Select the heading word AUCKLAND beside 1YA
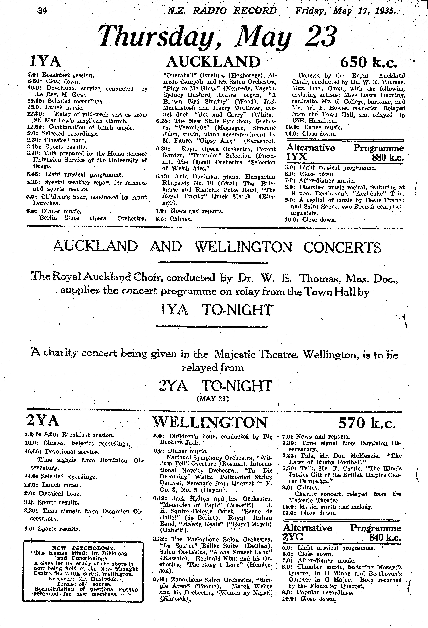(213, 62)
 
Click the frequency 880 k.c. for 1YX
(387, 157)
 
